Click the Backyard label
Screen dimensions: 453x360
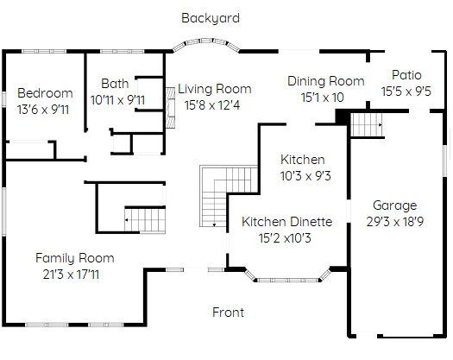[x=211, y=18]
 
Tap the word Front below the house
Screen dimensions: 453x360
[x=228, y=313]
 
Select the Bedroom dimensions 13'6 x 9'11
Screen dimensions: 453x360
[x=43, y=110]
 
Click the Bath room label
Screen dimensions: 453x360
[x=115, y=84]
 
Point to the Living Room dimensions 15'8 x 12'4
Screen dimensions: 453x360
[x=212, y=105]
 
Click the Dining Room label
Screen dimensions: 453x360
[x=326, y=81]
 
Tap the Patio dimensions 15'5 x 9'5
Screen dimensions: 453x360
[x=406, y=92]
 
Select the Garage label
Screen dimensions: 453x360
[x=394, y=205]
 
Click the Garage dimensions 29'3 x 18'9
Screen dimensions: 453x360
[x=395, y=222]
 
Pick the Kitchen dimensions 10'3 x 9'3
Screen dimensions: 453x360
[x=305, y=176]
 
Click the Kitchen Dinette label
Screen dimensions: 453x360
[x=286, y=222]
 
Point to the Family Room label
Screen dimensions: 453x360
[x=75, y=258]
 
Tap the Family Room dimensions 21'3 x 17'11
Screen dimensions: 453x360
[x=71, y=275]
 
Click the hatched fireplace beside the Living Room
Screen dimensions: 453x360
[x=171, y=108]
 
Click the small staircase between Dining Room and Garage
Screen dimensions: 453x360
[x=366, y=125]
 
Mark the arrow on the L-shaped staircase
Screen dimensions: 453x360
[x=214, y=224]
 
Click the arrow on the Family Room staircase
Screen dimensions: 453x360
[x=127, y=220]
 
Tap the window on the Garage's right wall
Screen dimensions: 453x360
[x=446, y=161]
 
